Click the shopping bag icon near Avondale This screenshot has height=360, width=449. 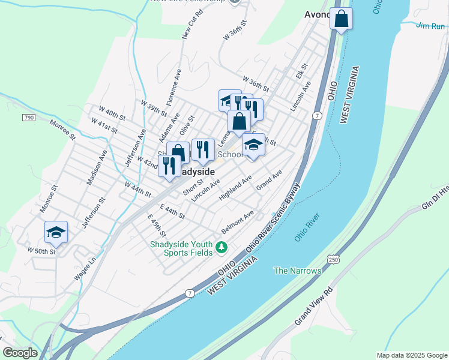pyautogui.click(x=341, y=19)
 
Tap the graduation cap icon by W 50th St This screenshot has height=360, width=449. pyautogui.click(x=56, y=232)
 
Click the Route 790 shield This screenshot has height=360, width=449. pyautogui.click(x=29, y=118)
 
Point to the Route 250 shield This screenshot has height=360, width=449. pyautogui.click(x=333, y=259)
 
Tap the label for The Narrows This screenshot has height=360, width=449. pyautogui.click(x=297, y=271)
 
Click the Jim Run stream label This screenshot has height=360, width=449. pyautogui.click(x=431, y=25)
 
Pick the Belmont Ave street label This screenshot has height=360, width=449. pyautogui.click(x=238, y=221)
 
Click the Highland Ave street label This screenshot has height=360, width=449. pyautogui.click(x=235, y=188)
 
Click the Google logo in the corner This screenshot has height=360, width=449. pyautogui.click(x=20, y=353)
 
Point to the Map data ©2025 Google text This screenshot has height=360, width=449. pyautogui.click(x=411, y=355)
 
